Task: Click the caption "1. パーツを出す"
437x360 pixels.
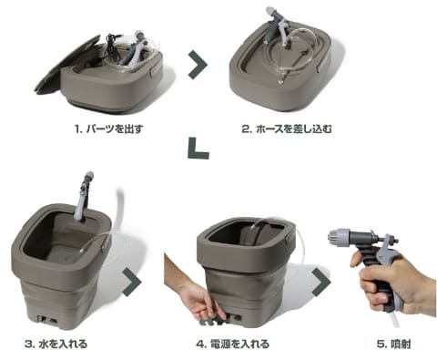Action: [x=108, y=129]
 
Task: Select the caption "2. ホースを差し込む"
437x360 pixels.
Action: [x=287, y=129]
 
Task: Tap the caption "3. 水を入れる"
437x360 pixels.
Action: [x=56, y=344]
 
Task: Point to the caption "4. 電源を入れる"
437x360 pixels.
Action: [x=233, y=344]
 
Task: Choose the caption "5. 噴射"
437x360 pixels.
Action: [x=393, y=344]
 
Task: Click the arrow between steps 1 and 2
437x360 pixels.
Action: [x=198, y=65]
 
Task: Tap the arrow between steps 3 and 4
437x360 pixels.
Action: [x=132, y=282]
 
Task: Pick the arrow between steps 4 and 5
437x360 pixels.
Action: [x=321, y=282]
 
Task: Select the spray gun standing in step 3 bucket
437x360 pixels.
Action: [x=83, y=198]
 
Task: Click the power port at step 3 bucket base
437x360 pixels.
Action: [x=47, y=320]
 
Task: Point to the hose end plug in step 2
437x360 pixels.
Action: [x=280, y=82]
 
